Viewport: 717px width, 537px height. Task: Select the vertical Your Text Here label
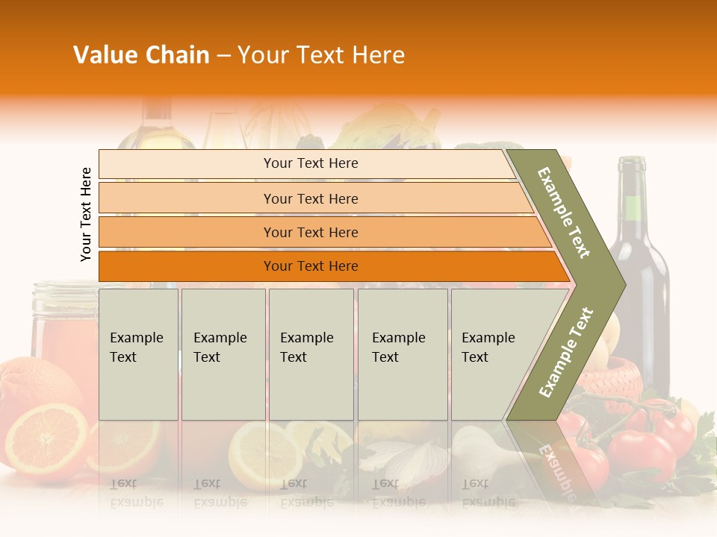coord(86,214)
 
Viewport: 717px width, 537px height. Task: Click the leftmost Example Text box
coord(138,354)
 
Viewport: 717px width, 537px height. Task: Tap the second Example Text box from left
coord(223,354)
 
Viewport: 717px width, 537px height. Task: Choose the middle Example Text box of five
coord(311,354)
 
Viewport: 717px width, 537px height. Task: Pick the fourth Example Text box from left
coord(402,354)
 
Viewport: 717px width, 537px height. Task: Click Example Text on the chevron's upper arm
coord(564,213)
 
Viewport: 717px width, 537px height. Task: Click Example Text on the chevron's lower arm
coord(565,353)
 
